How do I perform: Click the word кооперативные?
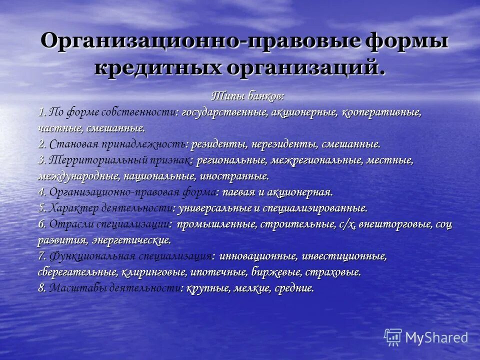[x=381, y=112]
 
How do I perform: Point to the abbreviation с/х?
[x=346, y=224]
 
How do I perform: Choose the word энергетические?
[x=131, y=240]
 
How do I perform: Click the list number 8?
[x=42, y=288]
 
